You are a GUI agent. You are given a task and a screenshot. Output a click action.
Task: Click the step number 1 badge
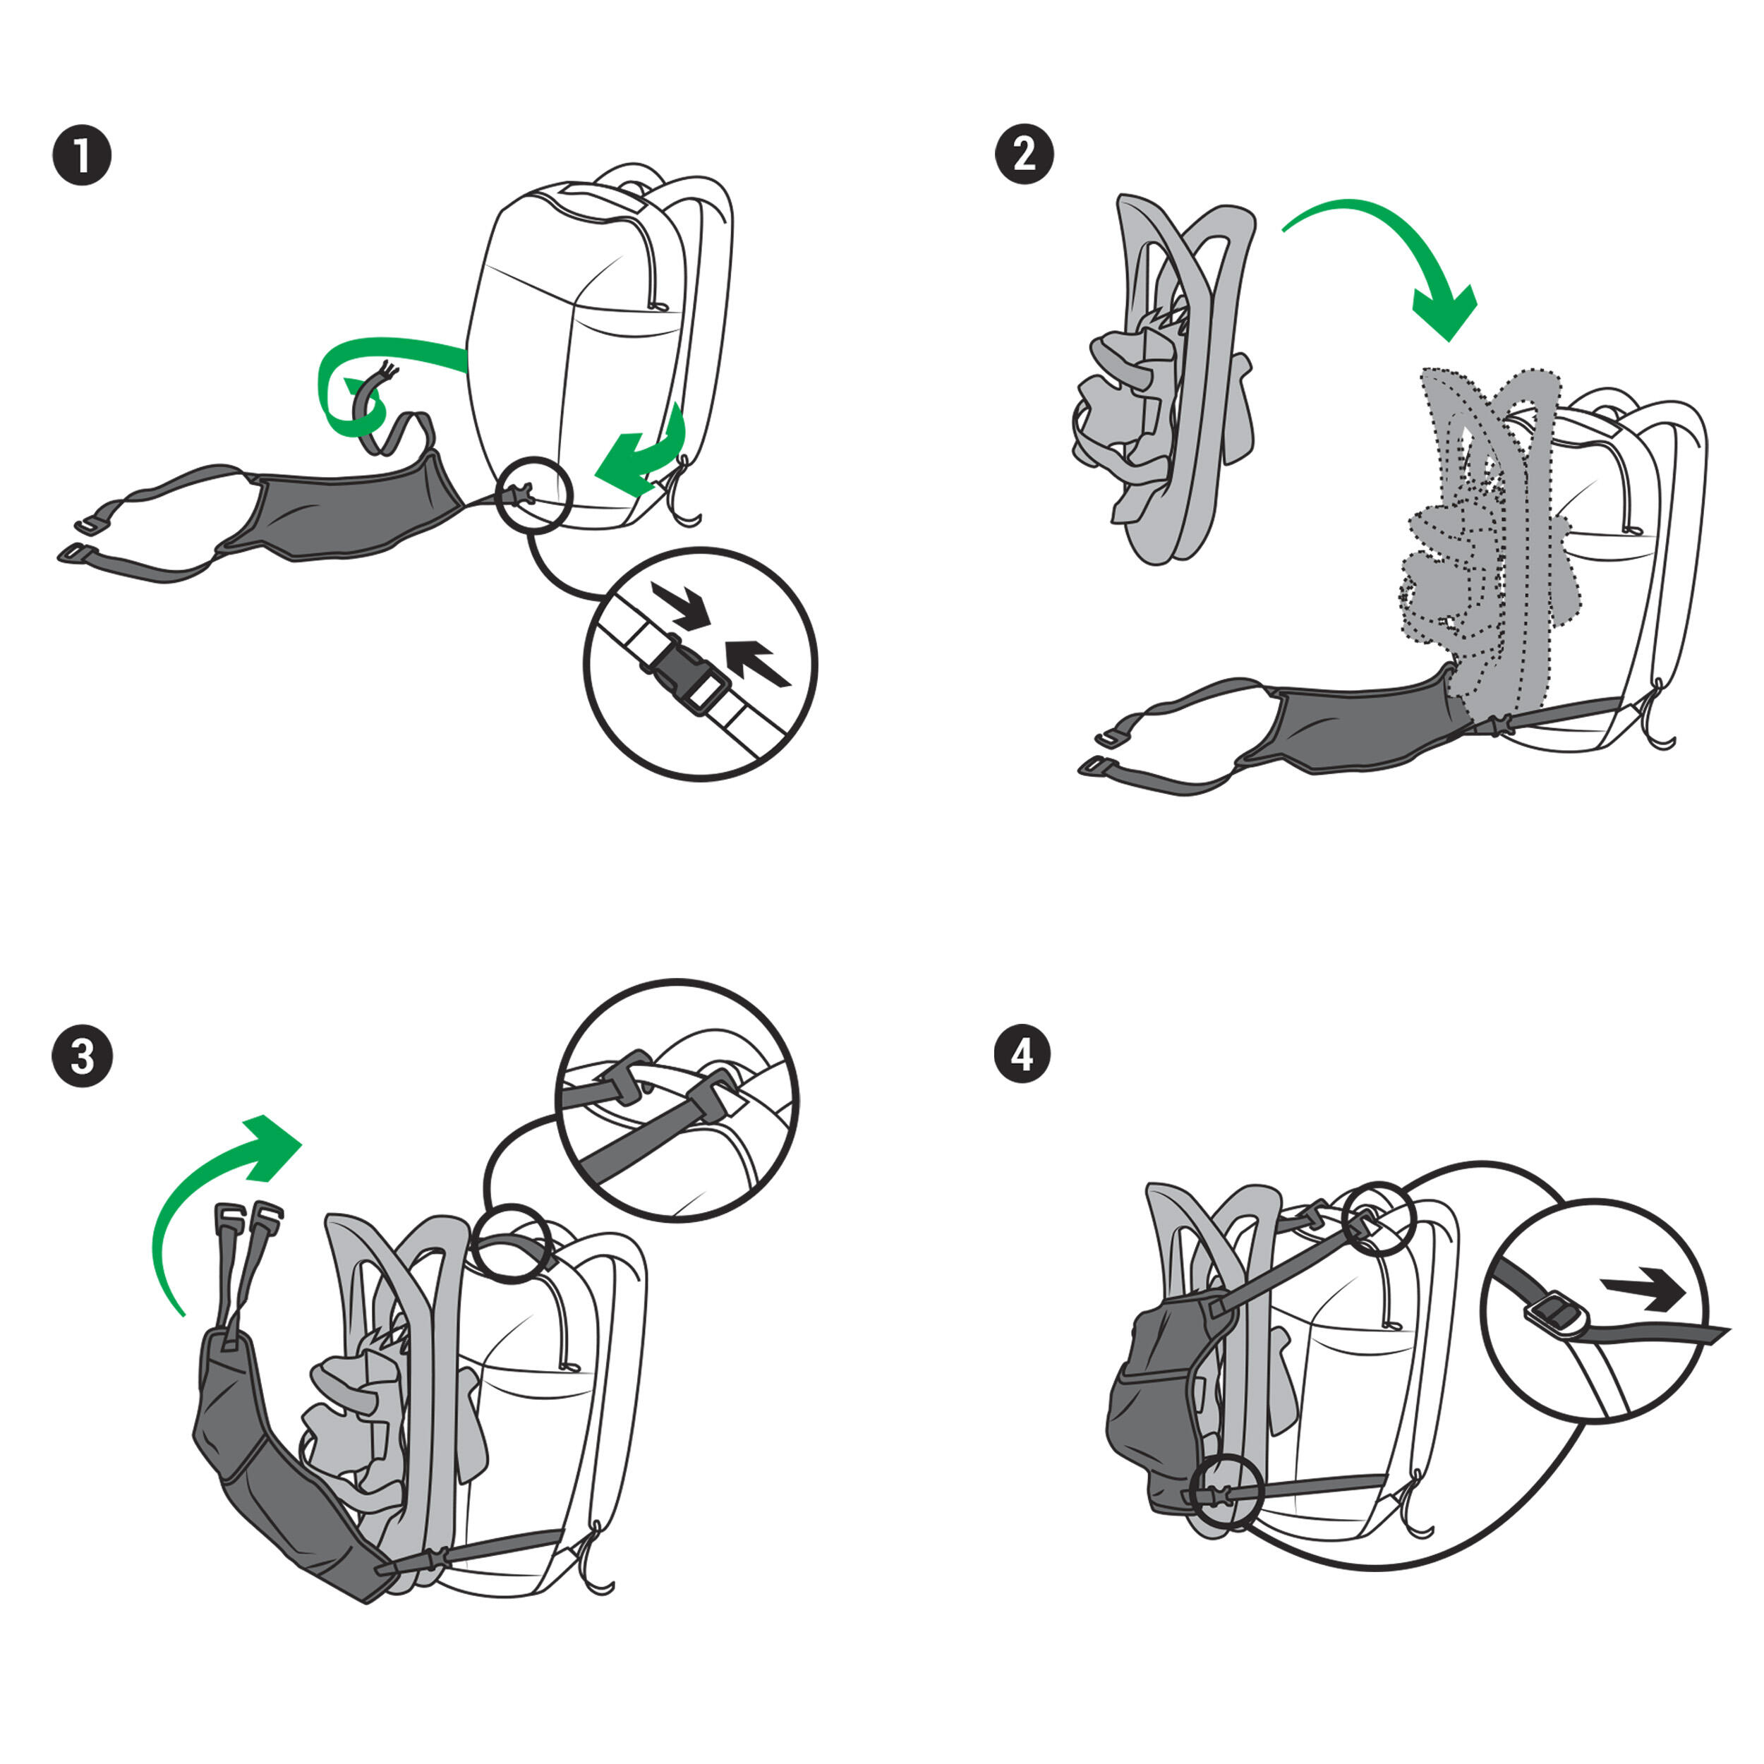pos(82,156)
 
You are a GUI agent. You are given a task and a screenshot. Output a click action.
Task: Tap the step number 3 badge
pos(82,1057)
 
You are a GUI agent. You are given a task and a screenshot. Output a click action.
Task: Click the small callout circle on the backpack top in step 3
pos(512,1243)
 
